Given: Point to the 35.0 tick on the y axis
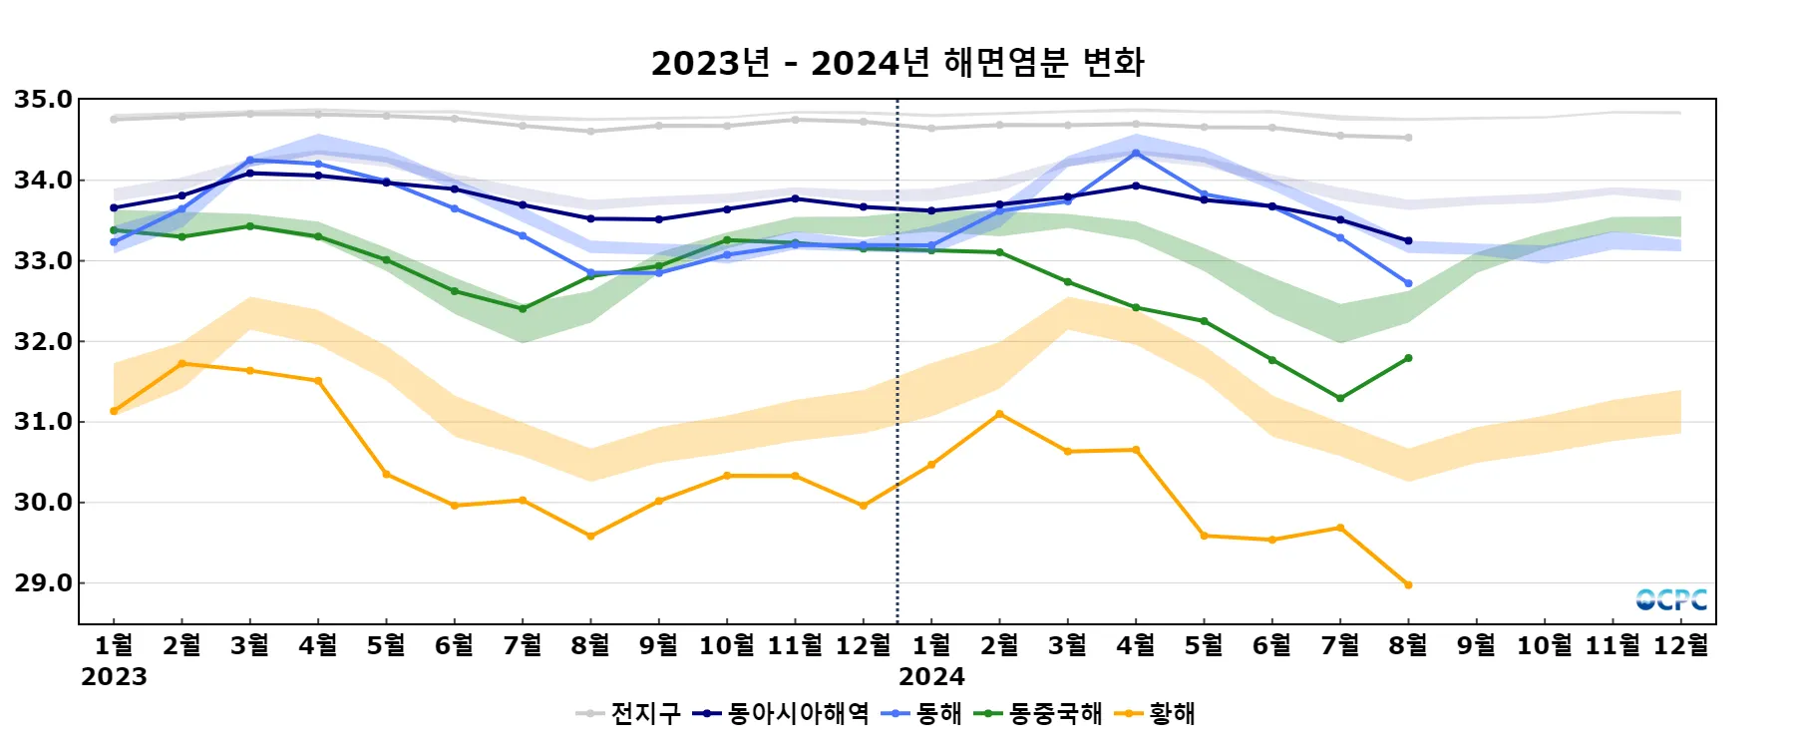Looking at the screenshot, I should [44, 100].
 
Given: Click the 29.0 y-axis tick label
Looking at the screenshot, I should [44, 583].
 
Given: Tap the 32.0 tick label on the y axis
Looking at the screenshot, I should [44, 342].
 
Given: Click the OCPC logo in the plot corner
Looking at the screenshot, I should [1671, 599].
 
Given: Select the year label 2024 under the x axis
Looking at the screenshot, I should [931, 677].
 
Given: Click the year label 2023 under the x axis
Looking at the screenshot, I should [114, 677].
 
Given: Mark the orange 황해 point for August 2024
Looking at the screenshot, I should [1408, 584].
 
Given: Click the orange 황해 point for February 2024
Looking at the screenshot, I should [999, 414].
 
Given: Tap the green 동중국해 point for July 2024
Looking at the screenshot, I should [1340, 398].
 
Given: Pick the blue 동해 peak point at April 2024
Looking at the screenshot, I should [1136, 153].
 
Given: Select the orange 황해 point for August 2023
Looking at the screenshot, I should [590, 537].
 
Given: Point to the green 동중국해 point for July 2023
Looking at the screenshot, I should [523, 309].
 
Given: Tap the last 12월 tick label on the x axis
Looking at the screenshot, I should [1680, 646].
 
